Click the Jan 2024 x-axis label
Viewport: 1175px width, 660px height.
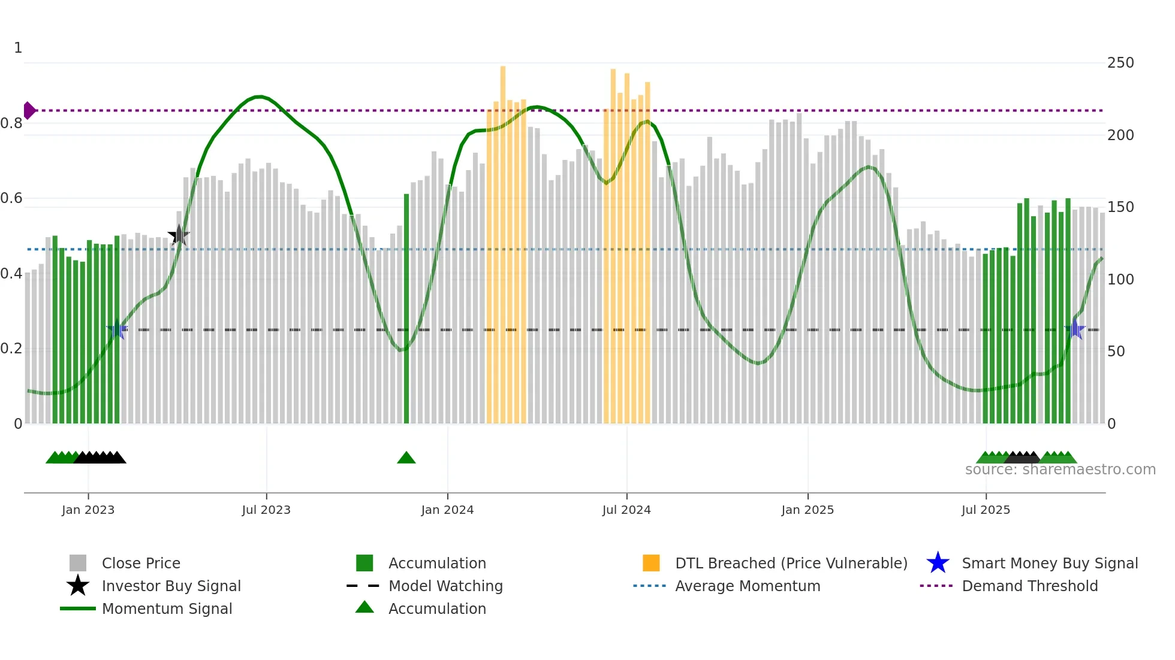447,510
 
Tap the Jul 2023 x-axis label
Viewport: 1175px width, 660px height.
266,510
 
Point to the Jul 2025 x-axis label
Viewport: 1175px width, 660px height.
986,510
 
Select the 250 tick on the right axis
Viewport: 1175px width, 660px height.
1120,63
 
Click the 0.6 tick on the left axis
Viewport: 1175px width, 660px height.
11,198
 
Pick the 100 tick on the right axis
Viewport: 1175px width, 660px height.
1120,280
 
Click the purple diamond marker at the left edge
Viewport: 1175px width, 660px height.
29,111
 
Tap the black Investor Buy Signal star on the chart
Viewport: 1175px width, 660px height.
179,235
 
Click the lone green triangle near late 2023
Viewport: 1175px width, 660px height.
406,458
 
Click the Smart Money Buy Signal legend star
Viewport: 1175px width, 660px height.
938,563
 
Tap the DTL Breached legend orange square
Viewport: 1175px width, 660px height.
651,563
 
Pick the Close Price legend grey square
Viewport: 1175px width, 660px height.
78,563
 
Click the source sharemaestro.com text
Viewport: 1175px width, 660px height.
1060,470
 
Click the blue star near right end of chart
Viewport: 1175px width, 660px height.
1075,329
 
